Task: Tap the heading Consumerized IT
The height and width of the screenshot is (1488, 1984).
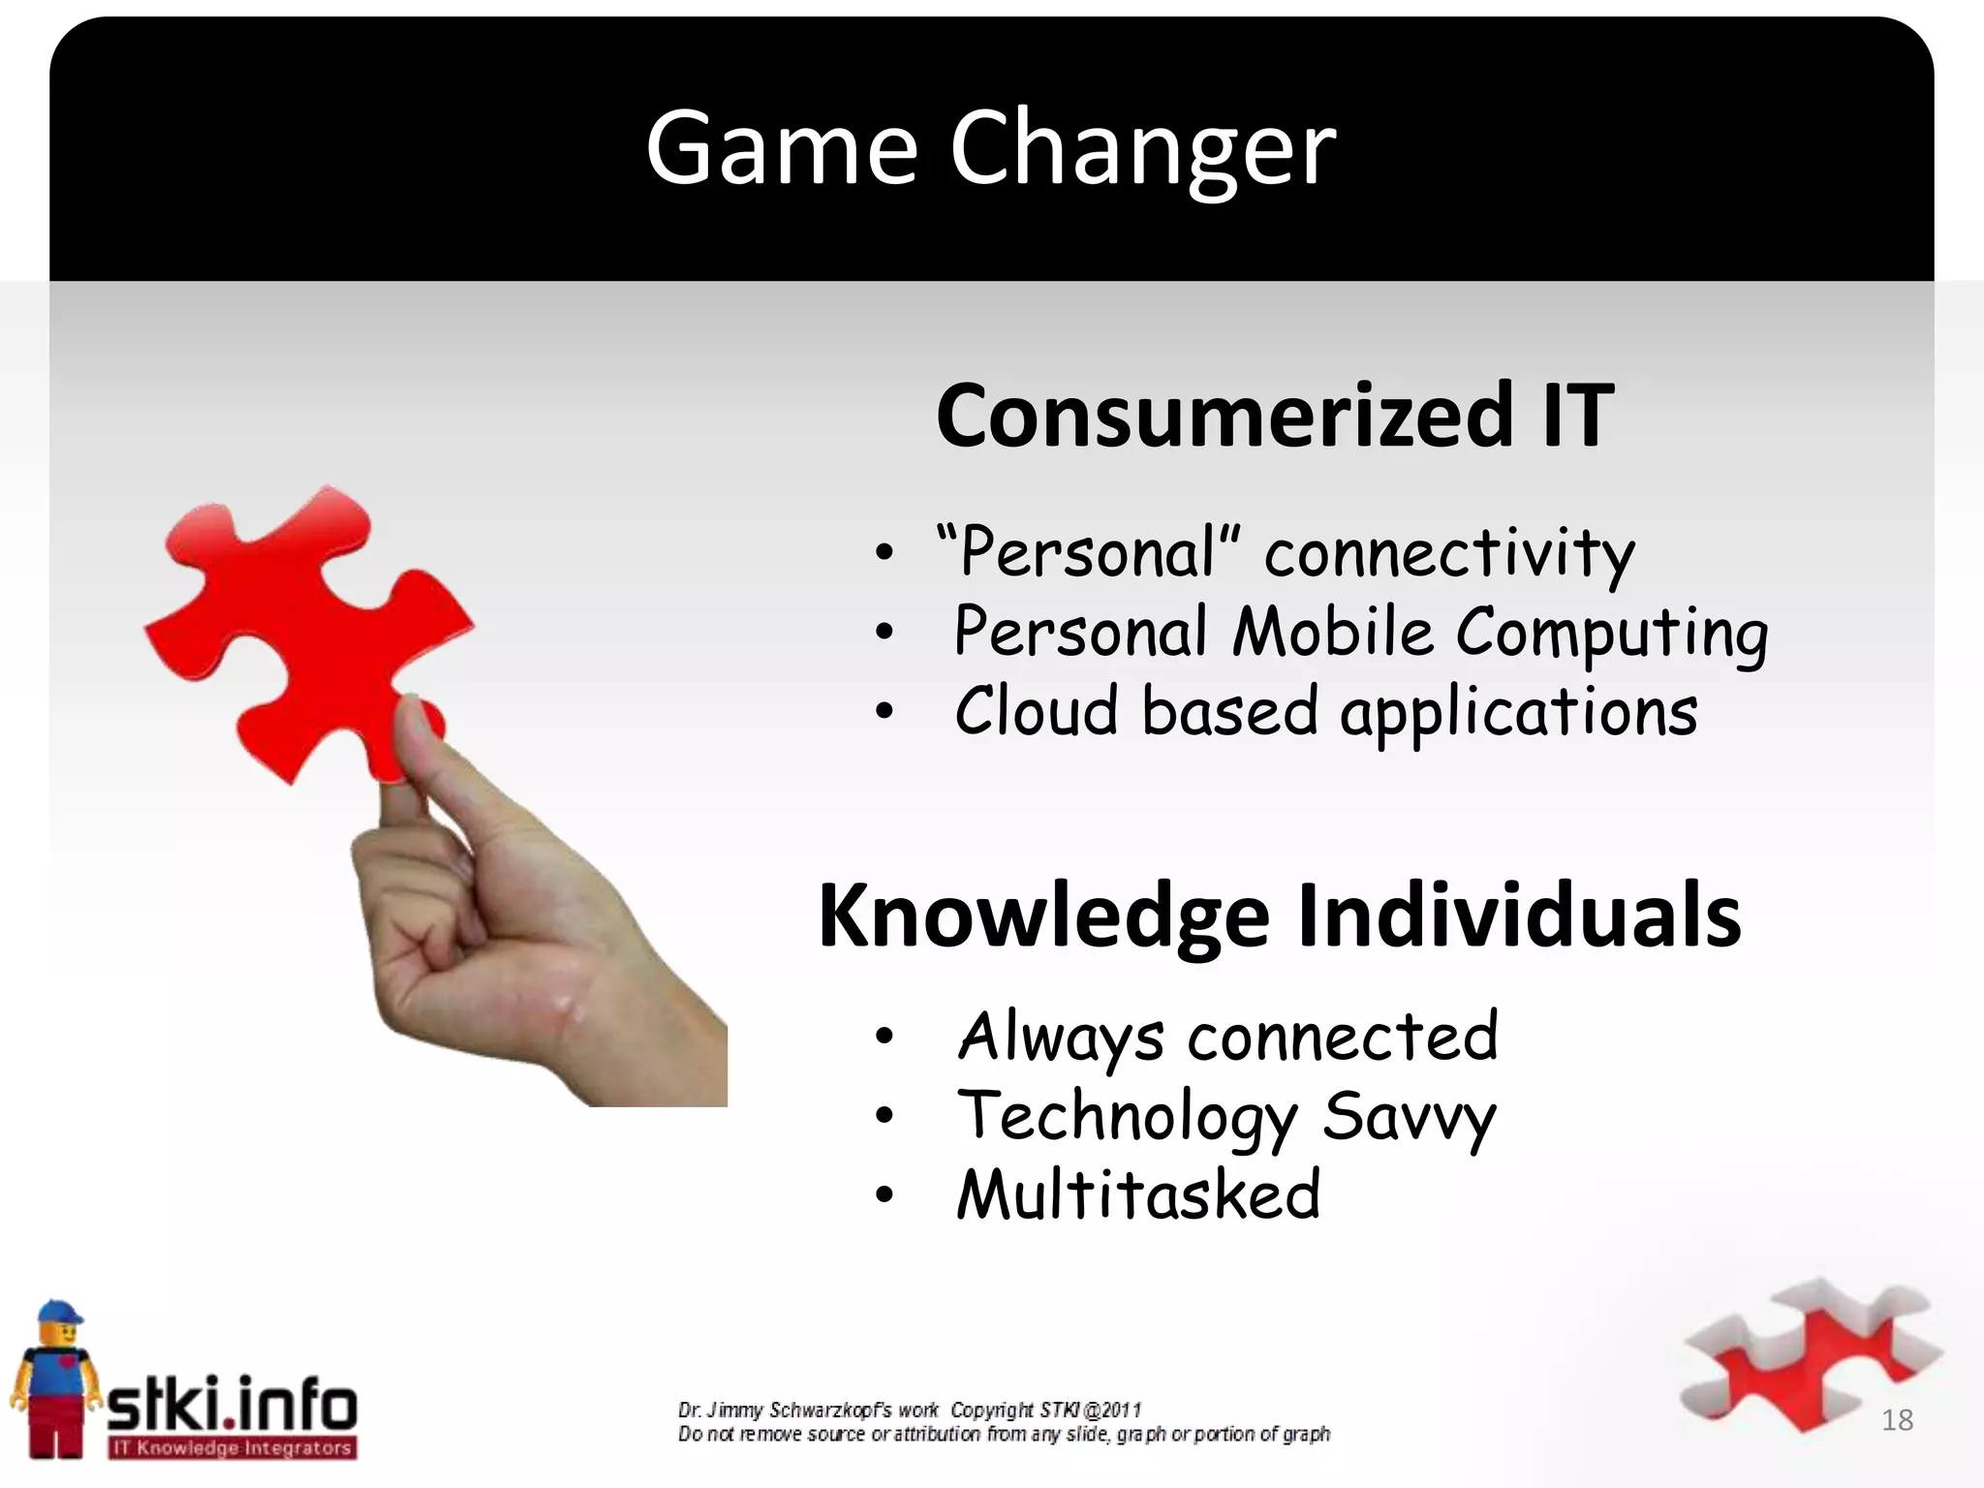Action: click(1274, 416)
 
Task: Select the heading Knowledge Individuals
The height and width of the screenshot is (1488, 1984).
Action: click(1279, 915)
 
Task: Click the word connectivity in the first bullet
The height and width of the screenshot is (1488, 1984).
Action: click(1448, 554)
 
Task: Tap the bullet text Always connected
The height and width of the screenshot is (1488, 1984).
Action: click(1227, 1037)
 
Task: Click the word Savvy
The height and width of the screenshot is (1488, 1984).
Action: click(1410, 1117)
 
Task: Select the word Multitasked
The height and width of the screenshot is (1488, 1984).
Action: click(1138, 1194)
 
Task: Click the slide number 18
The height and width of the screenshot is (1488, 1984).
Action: click(1897, 1420)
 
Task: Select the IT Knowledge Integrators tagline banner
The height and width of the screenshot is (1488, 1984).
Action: click(232, 1448)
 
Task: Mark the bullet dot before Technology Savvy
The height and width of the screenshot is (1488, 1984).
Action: click(883, 1117)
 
